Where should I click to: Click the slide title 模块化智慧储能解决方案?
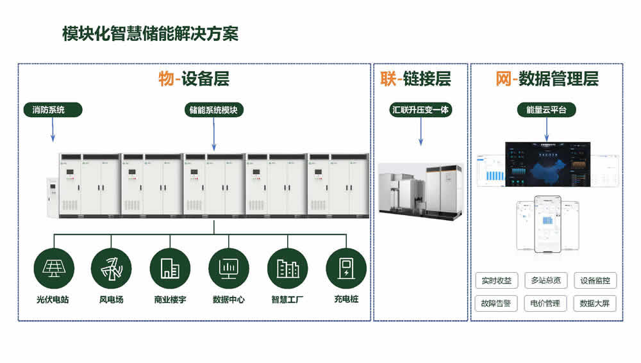pos(150,34)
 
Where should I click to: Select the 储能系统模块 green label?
pos(213,110)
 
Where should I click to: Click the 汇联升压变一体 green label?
pos(421,110)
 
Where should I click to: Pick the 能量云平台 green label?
pos(546,110)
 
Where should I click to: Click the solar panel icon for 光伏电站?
pos(53,268)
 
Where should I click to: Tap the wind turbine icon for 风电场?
pos(111,268)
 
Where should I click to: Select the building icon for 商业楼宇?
pos(170,268)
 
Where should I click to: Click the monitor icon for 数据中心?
pos(228,268)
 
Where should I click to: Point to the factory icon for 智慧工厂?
pos(287,268)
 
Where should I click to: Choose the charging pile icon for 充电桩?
pos(346,268)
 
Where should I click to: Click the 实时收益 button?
pos(496,280)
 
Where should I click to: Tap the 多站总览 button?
pos(545,280)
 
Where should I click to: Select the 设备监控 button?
pos(595,280)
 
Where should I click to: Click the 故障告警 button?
pos(496,303)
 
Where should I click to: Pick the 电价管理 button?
pos(545,303)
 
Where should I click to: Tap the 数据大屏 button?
pos(595,303)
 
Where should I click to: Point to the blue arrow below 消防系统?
pos(53,131)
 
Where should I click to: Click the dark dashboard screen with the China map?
pos(547,165)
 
